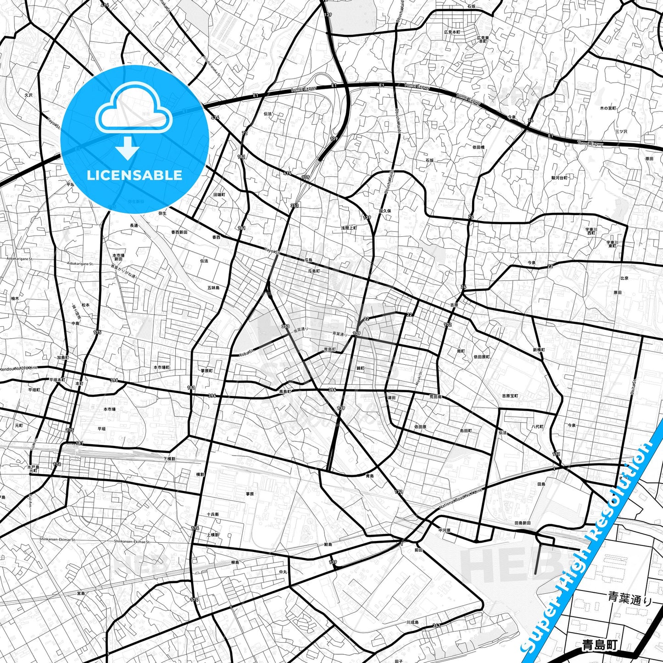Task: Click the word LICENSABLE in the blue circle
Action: click(x=134, y=175)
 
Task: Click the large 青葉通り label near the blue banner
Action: click(x=630, y=598)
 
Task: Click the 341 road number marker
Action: click(x=436, y=625)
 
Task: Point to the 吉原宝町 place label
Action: click(x=510, y=396)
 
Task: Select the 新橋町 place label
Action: click(x=539, y=350)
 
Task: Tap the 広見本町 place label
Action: click(x=452, y=32)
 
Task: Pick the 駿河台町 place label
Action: click(x=559, y=177)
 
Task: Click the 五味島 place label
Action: click(x=213, y=288)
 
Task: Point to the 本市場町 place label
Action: click(x=162, y=368)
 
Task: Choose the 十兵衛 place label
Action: click(x=213, y=514)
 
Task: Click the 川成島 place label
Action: click(x=412, y=623)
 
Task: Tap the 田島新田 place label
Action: click(x=523, y=523)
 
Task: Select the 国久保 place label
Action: click(x=384, y=211)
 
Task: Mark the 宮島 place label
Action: click(x=81, y=593)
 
